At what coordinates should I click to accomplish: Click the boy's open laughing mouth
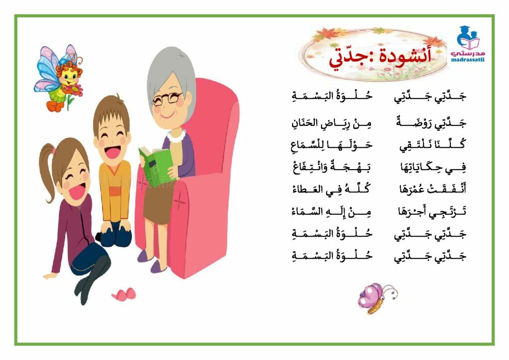[x=113, y=152]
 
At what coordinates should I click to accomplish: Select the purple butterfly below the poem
[x=377, y=298]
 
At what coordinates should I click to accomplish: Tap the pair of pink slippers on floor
[x=124, y=294]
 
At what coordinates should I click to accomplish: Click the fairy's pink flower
[x=75, y=89]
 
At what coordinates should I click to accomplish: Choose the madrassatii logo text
[x=467, y=60]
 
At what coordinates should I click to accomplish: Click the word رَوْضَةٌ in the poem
[x=412, y=123]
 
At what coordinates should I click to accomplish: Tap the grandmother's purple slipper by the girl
[x=145, y=256]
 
